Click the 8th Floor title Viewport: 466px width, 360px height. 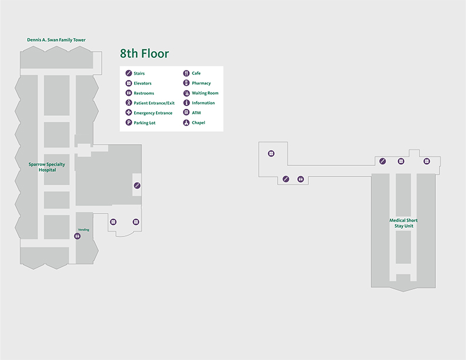tap(144, 54)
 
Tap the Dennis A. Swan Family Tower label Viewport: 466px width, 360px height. tap(56, 40)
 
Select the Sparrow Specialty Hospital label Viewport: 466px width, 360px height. tap(47, 166)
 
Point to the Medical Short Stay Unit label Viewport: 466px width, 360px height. tap(403, 223)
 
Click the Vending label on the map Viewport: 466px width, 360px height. tap(84, 229)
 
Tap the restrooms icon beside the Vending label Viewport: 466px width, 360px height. tap(78, 236)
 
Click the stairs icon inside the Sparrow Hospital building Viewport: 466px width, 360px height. tap(137, 186)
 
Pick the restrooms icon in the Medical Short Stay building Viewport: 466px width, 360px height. tap(301, 179)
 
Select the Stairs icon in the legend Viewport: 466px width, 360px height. tap(129, 74)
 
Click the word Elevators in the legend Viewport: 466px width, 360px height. tap(142, 84)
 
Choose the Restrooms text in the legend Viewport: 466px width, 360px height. tap(144, 93)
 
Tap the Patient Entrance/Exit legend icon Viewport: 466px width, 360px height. tap(129, 103)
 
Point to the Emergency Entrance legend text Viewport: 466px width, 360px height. tap(153, 113)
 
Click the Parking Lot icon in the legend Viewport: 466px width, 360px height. tap(129, 123)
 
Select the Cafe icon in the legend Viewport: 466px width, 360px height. tap(187, 74)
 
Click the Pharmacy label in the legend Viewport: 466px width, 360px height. tap(201, 84)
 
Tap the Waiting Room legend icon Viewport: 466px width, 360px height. tap(187, 93)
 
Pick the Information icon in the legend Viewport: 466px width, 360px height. tap(187, 103)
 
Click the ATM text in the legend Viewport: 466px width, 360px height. tap(197, 113)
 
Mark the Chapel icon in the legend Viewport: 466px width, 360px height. tap(187, 123)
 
